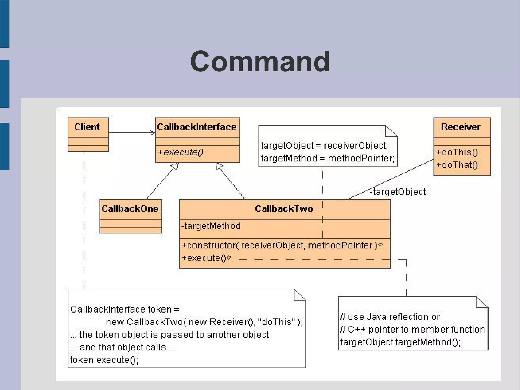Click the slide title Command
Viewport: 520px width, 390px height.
260,61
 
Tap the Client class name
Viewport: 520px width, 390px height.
87,127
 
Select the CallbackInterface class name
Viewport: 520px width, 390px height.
197,127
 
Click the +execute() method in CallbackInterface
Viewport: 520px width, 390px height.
181,152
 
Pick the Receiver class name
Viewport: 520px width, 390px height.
461,127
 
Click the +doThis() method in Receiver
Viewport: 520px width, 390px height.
457,152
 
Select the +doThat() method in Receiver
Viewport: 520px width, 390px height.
457,165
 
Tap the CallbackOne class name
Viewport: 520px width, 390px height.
130,209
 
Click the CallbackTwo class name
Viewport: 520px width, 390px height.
284,209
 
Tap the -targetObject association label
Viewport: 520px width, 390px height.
398,192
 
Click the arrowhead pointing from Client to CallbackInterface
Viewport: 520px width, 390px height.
153,133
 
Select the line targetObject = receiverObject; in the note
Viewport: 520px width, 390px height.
324,146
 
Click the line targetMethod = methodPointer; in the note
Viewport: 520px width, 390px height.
328,159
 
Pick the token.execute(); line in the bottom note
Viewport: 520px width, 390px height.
104,360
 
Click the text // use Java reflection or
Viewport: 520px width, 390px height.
390,317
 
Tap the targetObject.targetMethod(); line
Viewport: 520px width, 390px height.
400,342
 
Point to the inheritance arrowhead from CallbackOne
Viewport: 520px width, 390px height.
175,167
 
